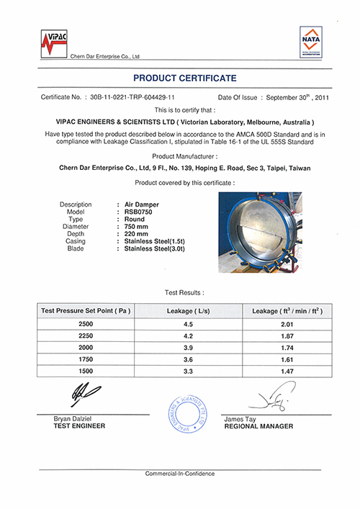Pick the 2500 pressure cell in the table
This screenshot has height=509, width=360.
click(x=86, y=325)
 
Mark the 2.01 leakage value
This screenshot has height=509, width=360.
click(x=286, y=325)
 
